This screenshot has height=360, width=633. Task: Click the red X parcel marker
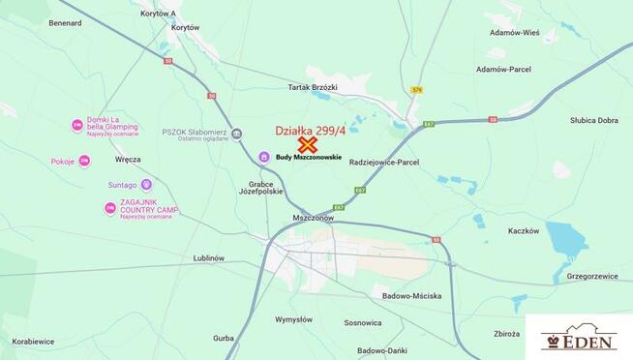(309, 145)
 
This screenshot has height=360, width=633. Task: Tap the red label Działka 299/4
(308, 131)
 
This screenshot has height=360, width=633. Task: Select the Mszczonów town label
(313, 218)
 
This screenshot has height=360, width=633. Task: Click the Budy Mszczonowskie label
(309, 157)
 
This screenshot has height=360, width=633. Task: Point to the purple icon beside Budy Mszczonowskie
(265, 157)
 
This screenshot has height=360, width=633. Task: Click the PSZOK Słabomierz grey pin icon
(236, 135)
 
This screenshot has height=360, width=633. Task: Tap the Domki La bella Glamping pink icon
(77, 125)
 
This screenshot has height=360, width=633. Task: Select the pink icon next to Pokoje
(84, 161)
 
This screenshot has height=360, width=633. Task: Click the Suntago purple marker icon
(146, 184)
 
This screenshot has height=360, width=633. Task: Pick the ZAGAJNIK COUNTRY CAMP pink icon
(110, 208)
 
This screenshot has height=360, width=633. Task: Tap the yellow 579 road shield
(417, 90)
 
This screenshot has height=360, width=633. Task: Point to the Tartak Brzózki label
(313, 87)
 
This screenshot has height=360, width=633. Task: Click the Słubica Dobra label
(594, 120)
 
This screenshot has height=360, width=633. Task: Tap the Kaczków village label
(523, 231)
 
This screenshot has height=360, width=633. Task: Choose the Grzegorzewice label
(592, 276)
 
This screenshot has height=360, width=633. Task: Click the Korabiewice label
(34, 342)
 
